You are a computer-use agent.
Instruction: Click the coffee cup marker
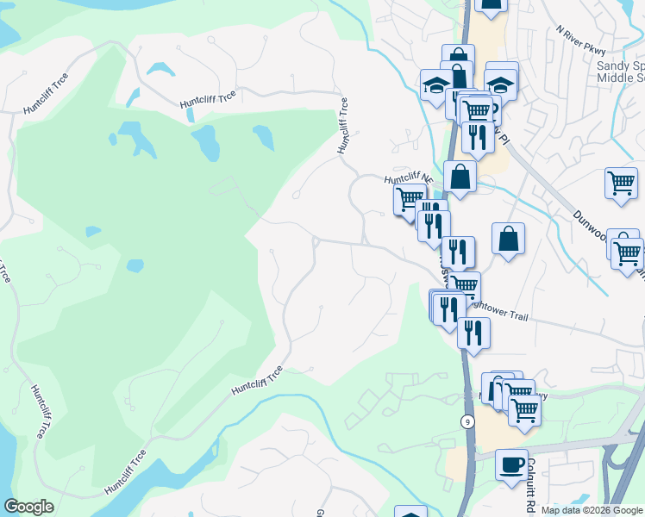pos(511,464)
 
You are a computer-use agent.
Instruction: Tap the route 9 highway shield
pos(467,421)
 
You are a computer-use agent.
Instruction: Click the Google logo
pos(28,507)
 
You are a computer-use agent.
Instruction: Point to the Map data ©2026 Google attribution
pos(591,510)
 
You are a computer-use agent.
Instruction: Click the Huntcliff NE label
pos(406,178)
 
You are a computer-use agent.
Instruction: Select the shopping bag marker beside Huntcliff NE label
pos(460,177)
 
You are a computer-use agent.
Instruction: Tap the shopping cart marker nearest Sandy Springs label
pos(621,183)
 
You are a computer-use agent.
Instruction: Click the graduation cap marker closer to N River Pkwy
pos(501,83)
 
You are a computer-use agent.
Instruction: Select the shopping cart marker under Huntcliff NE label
pos(410,199)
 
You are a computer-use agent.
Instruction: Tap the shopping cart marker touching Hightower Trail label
pos(464,287)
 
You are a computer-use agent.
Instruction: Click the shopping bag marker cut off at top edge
pos(490,6)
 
